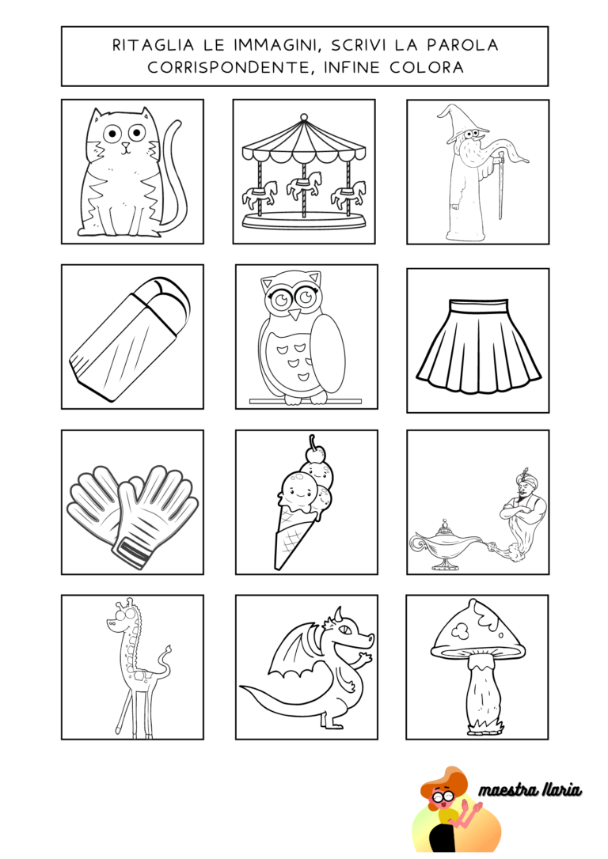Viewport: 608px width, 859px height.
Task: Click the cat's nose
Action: click(x=126, y=146)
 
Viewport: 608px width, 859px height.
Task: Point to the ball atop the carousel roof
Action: click(x=304, y=117)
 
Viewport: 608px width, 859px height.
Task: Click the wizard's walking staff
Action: click(x=500, y=186)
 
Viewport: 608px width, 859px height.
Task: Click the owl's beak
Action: click(x=295, y=314)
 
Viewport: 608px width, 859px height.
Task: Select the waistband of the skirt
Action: click(x=478, y=305)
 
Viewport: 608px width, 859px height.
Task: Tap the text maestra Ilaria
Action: click(x=530, y=790)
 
